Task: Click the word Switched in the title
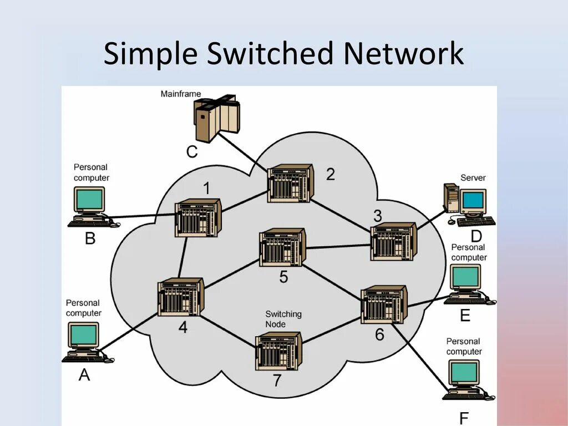270,54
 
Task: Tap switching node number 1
198,217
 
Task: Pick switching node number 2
290,183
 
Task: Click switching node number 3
393,241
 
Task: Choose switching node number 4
181,297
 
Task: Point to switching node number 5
282,247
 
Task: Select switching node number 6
384,305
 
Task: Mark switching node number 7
278,351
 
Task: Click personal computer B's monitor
89,199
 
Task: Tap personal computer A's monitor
83,335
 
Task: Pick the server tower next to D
452,198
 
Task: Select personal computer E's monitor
465,277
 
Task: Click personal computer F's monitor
464,372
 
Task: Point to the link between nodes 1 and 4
182,257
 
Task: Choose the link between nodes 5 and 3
338,246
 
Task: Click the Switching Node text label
283,319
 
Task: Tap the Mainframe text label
181,94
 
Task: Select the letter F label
464,418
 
